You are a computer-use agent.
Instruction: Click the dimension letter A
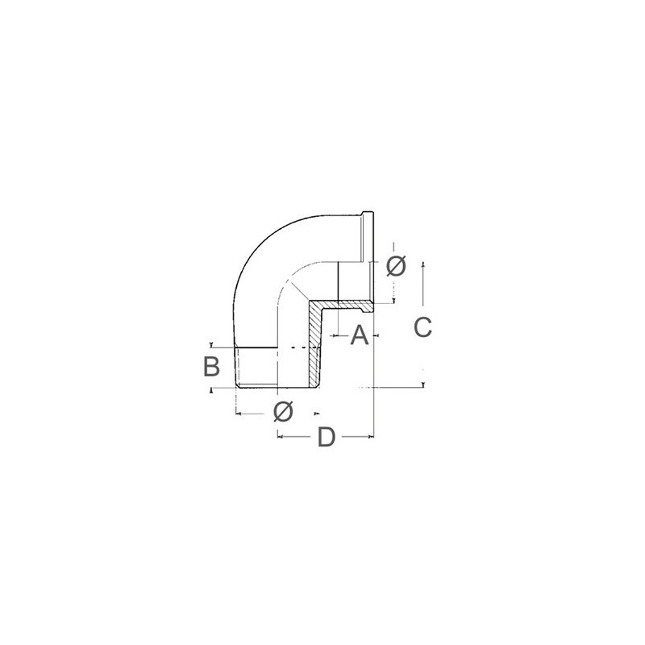(x=360, y=335)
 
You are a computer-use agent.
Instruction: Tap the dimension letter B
(x=211, y=366)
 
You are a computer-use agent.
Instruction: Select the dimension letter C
(x=422, y=327)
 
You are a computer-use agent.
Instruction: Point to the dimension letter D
(x=327, y=436)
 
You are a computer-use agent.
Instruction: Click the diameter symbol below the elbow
(x=284, y=411)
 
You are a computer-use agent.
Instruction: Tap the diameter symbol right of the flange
(x=396, y=266)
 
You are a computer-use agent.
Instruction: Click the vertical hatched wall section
(x=314, y=346)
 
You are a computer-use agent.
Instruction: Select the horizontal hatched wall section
(x=345, y=306)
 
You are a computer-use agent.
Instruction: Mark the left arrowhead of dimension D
(x=280, y=436)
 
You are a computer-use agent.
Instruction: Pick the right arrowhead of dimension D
(x=372, y=436)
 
